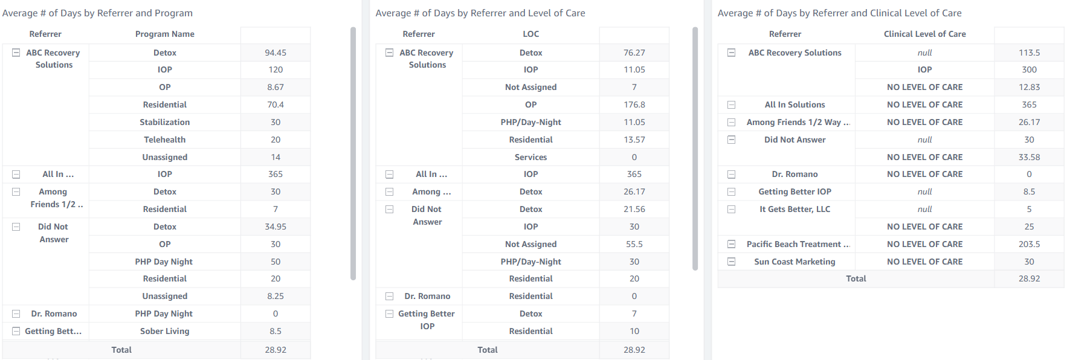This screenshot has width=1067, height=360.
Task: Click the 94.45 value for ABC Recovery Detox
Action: click(x=276, y=53)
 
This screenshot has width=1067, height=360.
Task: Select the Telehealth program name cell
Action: click(x=164, y=140)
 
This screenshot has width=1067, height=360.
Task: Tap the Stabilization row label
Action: click(x=164, y=122)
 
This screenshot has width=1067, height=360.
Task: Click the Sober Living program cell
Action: click(x=164, y=331)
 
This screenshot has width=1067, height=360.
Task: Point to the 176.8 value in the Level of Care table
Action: click(x=634, y=104)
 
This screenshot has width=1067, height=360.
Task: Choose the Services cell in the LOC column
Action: click(x=530, y=157)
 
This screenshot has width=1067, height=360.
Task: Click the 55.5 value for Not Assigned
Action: click(x=634, y=244)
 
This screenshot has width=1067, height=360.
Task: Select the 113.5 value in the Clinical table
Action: click(x=1029, y=53)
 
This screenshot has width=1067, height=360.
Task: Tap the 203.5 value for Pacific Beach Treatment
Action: click(x=1029, y=244)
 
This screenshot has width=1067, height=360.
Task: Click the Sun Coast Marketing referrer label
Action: click(x=795, y=262)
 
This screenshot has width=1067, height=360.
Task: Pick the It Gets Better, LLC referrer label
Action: click(x=795, y=209)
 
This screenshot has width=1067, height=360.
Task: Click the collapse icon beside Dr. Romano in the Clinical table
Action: click(x=731, y=175)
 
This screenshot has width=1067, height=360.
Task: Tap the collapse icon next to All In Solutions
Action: click(x=731, y=105)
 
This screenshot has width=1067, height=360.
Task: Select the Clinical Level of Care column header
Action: click(x=924, y=34)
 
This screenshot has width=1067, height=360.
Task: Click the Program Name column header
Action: click(x=164, y=34)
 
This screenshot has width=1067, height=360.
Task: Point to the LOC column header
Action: click(x=530, y=34)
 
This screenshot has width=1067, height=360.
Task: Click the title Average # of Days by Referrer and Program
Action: click(x=97, y=13)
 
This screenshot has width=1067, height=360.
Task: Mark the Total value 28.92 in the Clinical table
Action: click(x=1029, y=278)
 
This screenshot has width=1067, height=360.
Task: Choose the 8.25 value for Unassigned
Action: click(x=276, y=296)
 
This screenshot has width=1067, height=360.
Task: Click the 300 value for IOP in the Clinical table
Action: click(x=1029, y=69)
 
